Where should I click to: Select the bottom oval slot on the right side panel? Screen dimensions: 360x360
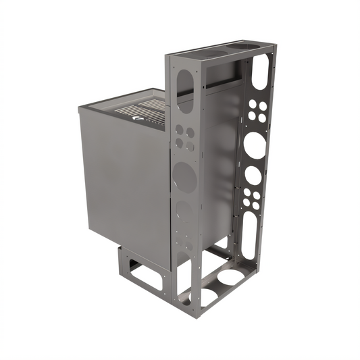tap(249, 236)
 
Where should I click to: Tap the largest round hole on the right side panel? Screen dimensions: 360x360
tap(255, 145)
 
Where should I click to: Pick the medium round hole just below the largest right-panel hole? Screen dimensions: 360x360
tap(253, 175)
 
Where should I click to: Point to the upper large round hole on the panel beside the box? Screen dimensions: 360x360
tap(184, 177)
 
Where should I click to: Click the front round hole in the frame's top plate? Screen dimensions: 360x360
tap(215, 52)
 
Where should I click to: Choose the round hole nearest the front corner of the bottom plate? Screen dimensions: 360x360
tap(205, 295)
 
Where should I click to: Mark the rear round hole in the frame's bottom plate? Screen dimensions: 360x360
tap(232, 276)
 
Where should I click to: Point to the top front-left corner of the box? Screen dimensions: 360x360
tap(80, 109)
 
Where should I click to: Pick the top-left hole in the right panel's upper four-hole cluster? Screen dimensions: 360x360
tap(253, 106)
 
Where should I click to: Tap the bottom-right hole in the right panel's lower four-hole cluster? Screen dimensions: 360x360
tap(256, 203)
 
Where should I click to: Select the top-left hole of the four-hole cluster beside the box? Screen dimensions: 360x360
tap(179, 130)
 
